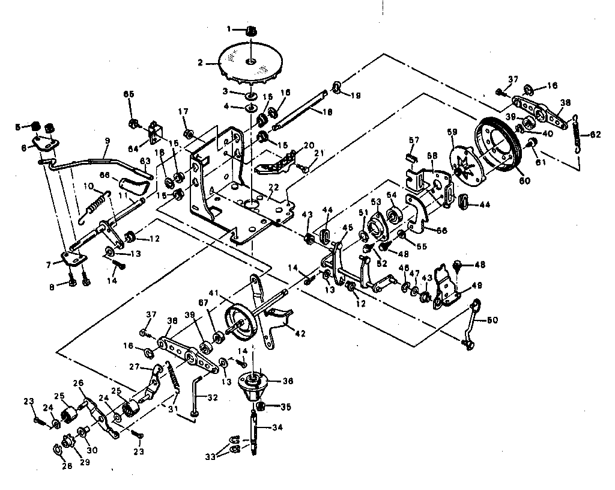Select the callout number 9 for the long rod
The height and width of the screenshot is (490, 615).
(107, 141)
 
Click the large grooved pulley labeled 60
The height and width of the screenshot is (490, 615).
(497, 144)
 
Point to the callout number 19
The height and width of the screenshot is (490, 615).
(356, 94)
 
